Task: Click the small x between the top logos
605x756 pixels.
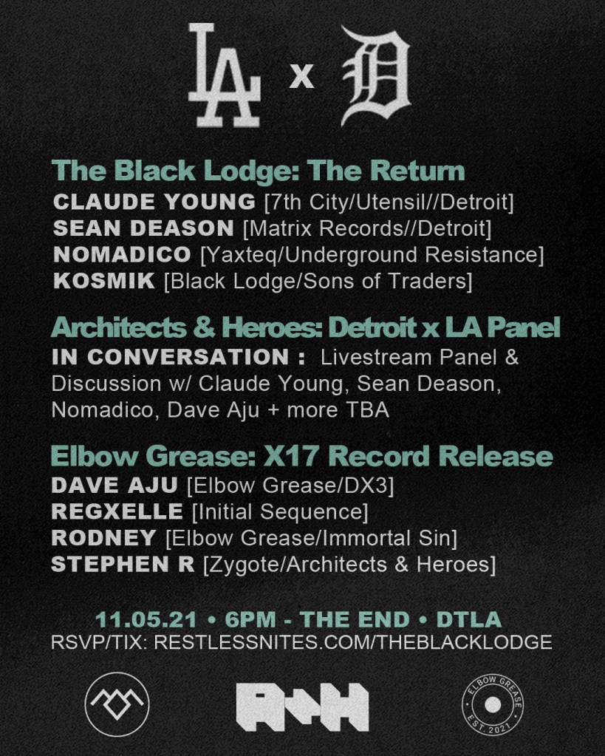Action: pos(302,77)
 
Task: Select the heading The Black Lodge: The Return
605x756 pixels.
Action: pos(258,171)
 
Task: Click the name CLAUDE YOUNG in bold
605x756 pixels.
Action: pos(154,202)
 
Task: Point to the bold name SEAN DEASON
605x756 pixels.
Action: pos(143,228)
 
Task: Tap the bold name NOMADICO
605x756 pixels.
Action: pos(122,254)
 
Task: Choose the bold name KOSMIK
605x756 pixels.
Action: pos(103,281)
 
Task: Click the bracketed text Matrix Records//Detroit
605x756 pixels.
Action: pos(368,228)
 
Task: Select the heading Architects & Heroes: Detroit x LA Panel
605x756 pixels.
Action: pos(306,328)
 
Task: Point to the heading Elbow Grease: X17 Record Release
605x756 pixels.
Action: pos(302,456)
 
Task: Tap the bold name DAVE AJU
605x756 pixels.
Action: pos(114,486)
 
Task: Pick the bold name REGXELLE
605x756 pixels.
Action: pos(117,512)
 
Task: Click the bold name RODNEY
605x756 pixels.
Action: pos(103,538)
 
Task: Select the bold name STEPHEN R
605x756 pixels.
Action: pos(123,565)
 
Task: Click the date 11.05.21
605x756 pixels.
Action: pos(146,620)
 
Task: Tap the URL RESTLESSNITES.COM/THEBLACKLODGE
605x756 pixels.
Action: pos(353,642)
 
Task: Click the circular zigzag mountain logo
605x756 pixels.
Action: pos(117,704)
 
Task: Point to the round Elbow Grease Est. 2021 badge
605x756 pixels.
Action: pos(493,705)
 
